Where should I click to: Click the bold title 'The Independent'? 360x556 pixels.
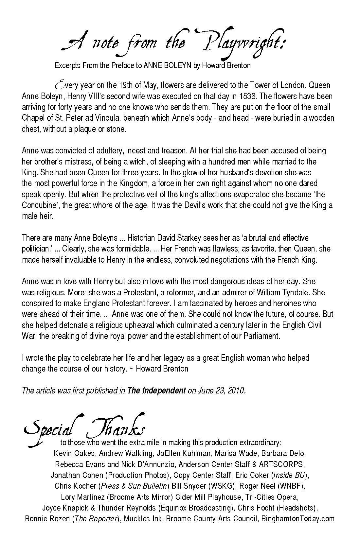coord(157,391)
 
